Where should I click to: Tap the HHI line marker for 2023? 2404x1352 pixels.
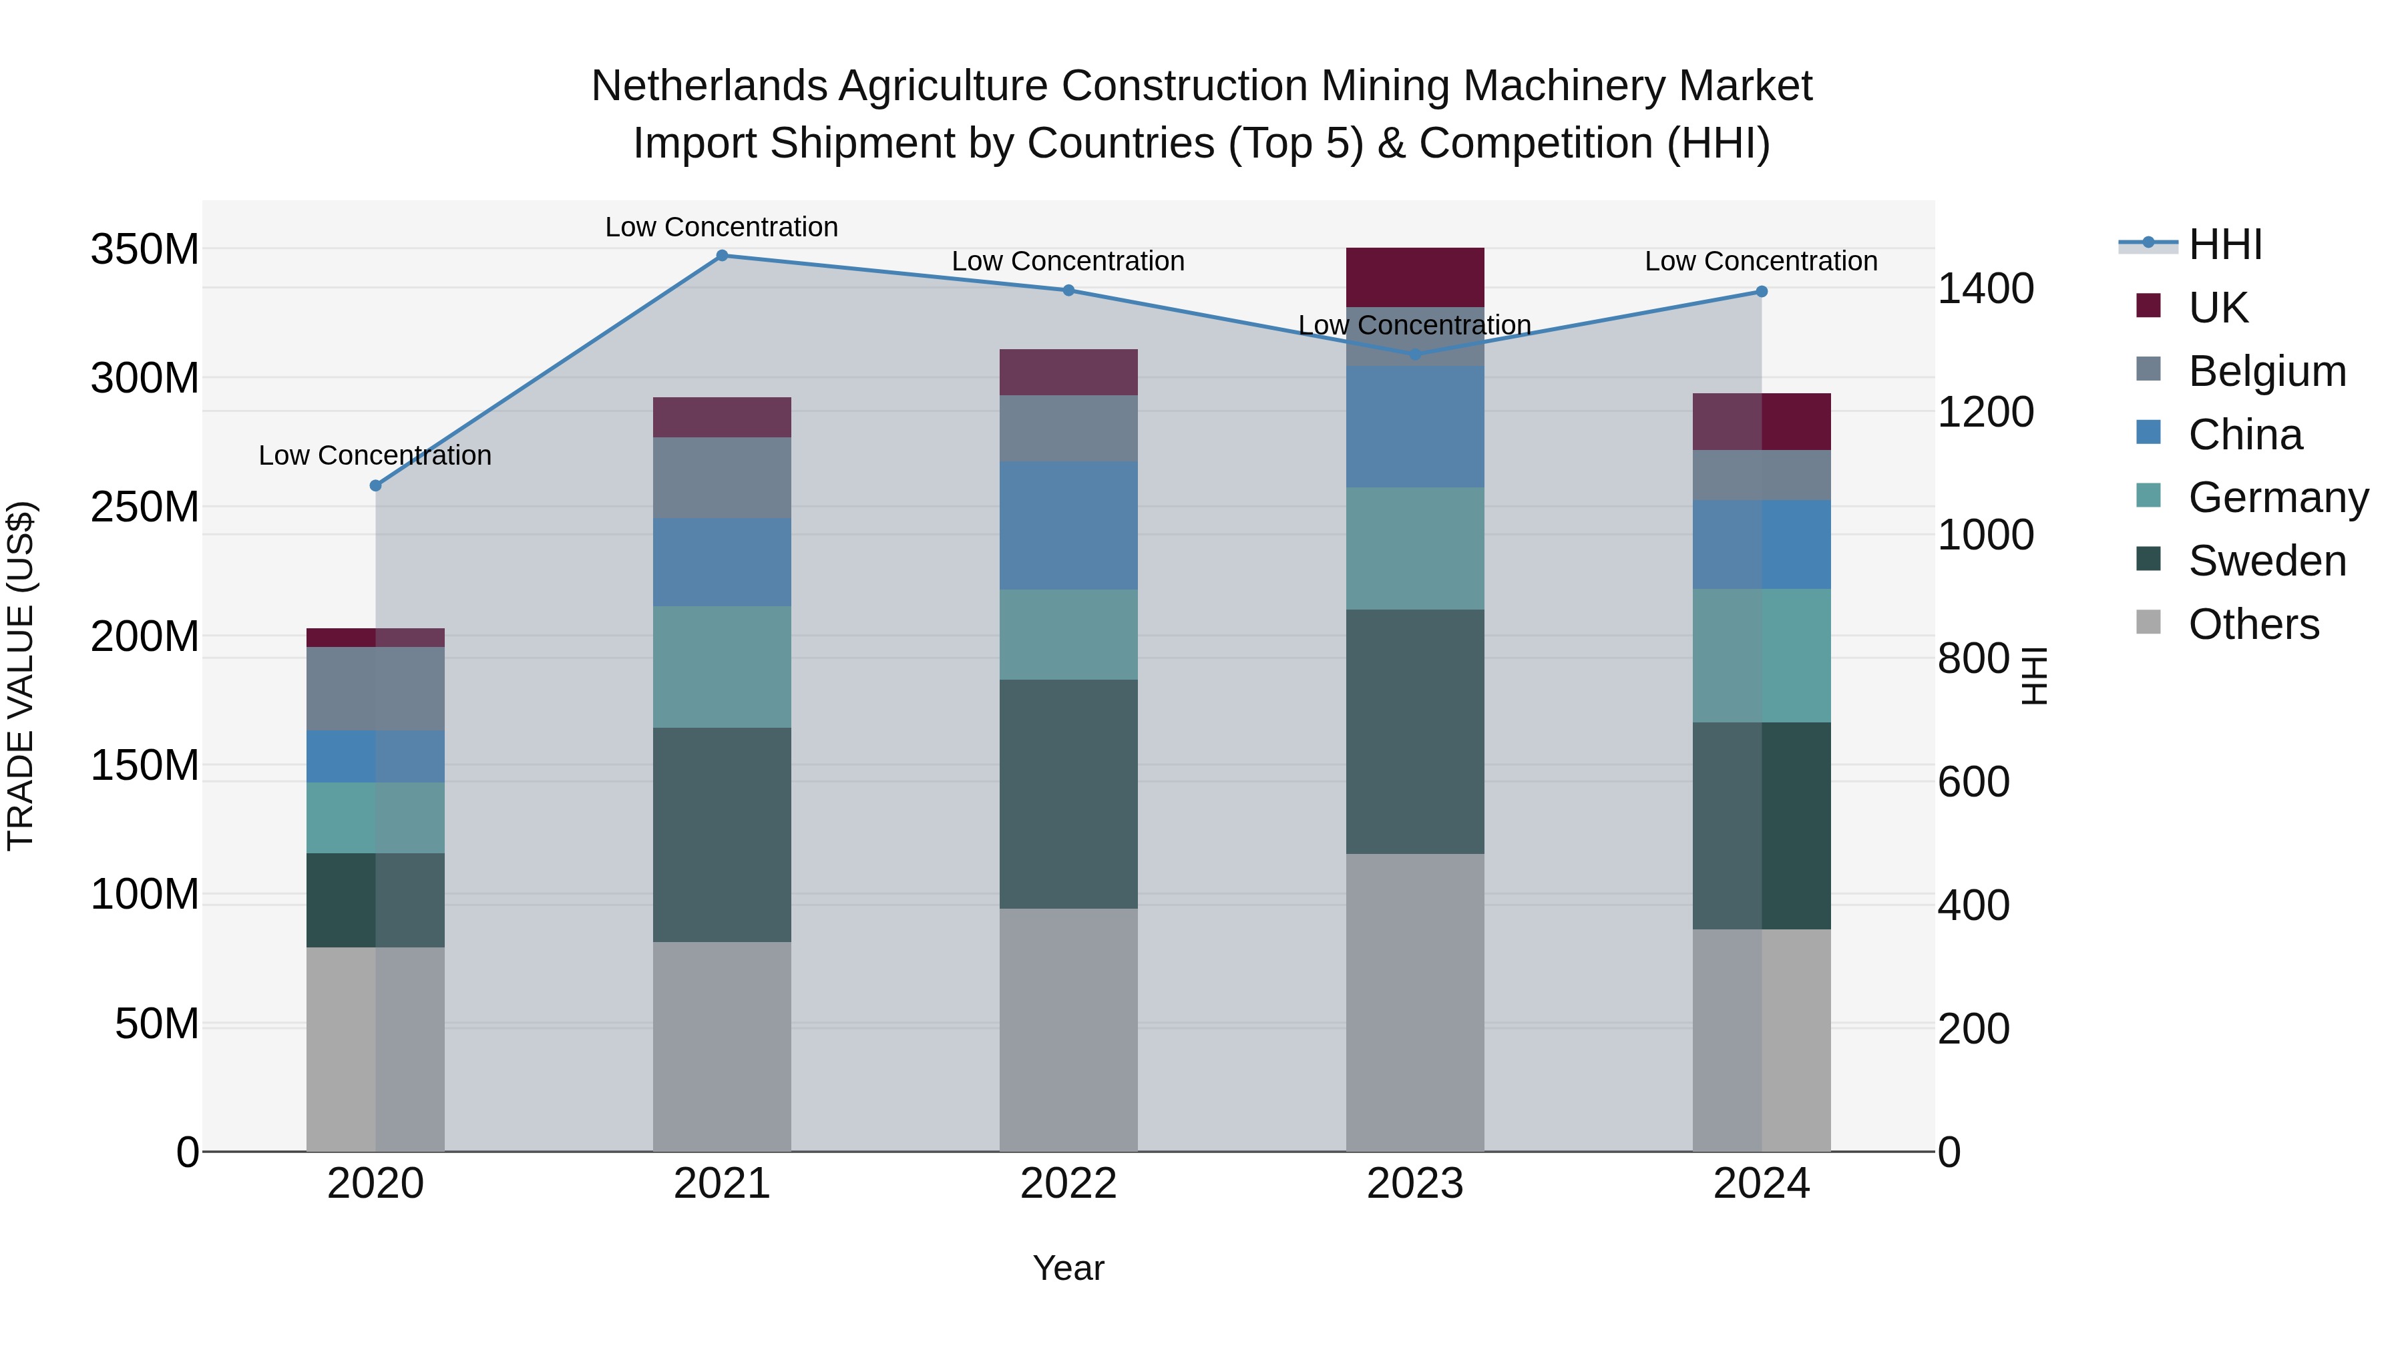click(1415, 354)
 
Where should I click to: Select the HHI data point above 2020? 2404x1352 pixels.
click(375, 485)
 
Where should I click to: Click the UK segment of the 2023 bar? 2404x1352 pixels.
click(1415, 277)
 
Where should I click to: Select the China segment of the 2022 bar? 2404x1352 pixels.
click(1068, 525)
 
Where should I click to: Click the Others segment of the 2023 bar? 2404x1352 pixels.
click(1415, 1002)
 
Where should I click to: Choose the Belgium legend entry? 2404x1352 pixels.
click(2266, 371)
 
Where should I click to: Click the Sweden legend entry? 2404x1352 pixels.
click(2266, 561)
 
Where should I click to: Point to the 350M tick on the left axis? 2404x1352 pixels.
click(145, 249)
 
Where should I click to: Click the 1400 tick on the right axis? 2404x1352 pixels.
click(1986, 288)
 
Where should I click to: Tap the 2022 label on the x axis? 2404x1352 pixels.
click(1068, 1183)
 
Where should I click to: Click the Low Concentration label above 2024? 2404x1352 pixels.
click(1761, 261)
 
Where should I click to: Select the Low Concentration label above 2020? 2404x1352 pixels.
click(375, 455)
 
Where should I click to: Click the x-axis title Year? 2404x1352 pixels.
click(1068, 1268)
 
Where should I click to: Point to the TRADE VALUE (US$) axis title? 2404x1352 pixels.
click(21, 676)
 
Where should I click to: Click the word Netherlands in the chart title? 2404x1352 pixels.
click(709, 86)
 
